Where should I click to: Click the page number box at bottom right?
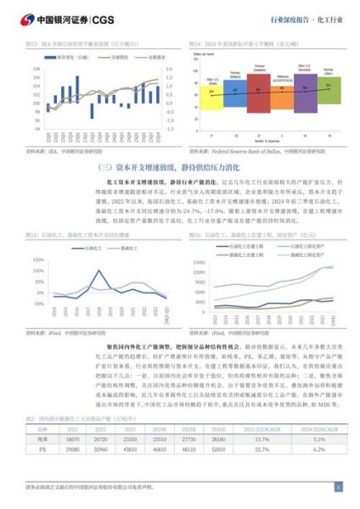tap(339, 487)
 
